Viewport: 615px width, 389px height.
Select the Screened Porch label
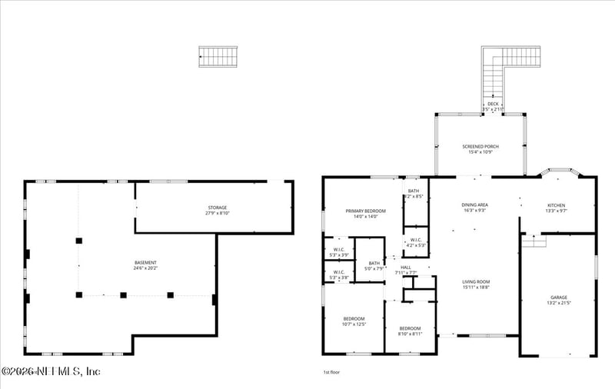[480, 148]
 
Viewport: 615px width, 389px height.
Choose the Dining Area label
[474, 207]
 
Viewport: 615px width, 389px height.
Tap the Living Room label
[476, 284]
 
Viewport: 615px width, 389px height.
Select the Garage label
[559, 299]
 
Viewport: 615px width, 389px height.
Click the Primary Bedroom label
[365, 213]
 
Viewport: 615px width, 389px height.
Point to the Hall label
[406, 270]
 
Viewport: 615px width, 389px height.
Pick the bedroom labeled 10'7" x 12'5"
[354, 321]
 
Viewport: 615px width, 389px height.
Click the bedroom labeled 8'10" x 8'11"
[410, 330]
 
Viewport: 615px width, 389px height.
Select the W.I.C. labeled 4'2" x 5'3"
[415, 242]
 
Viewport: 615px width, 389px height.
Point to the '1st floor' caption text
[331, 372]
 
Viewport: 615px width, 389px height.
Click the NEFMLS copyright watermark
[51, 371]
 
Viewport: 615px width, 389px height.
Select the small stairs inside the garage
[534, 241]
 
